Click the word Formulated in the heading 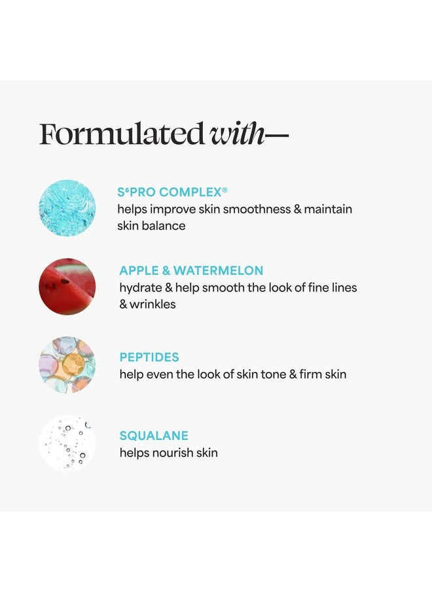(122, 134)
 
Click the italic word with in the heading (236, 134)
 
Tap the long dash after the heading (276, 135)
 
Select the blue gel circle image (67, 208)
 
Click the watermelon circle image (67, 287)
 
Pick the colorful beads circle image (67, 365)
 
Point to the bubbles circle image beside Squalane (67, 443)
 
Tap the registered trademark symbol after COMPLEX (225, 190)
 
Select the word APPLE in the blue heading (139, 270)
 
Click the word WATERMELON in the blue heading (218, 270)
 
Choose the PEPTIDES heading (149, 357)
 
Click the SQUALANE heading (154, 435)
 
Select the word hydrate (140, 288)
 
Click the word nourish (168, 453)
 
